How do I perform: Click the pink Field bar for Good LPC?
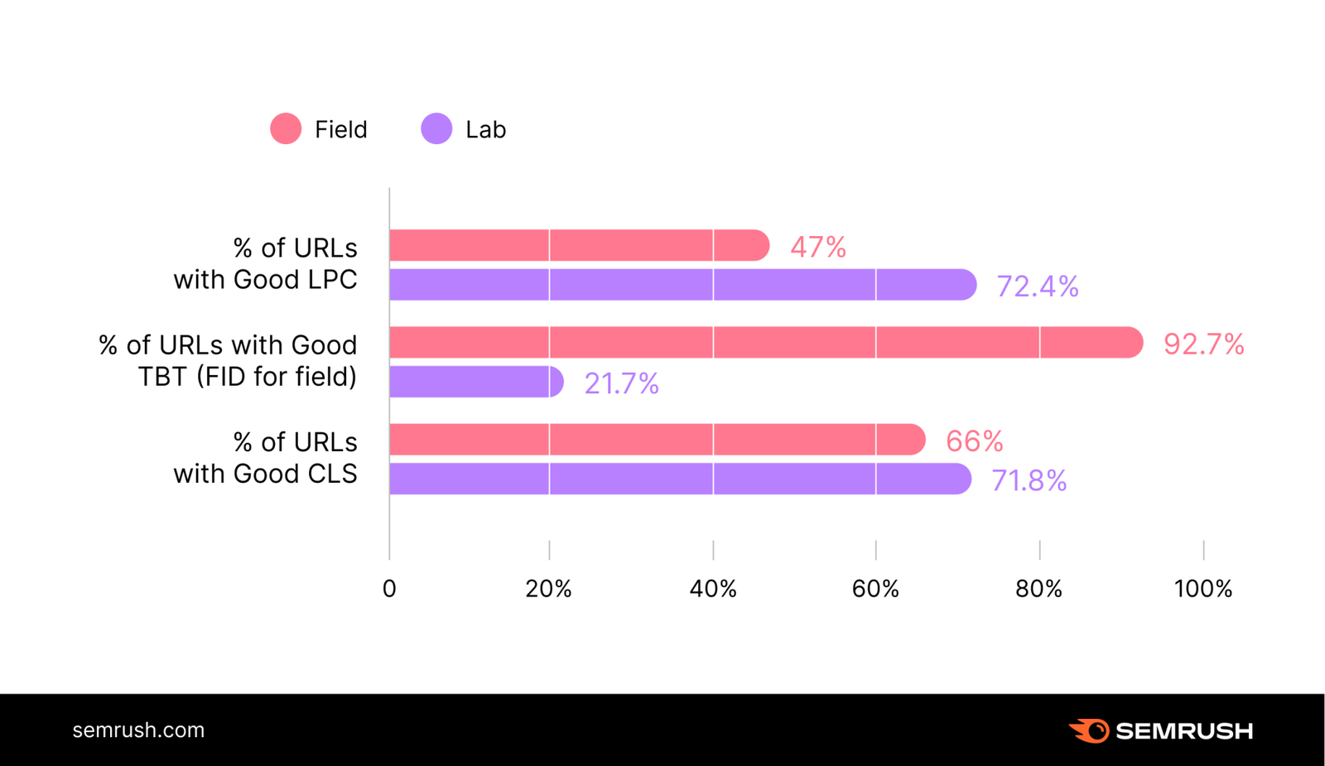click(578, 246)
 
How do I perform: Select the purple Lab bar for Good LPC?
click(682, 285)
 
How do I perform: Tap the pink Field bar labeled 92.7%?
click(765, 343)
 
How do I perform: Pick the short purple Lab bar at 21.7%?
click(475, 382)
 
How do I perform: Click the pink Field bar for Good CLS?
click(656, 440)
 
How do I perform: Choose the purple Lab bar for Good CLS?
click(679, 479)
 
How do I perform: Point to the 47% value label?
click(818, 247)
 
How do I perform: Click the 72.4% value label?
click(1038, 287)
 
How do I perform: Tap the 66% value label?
click(974, 441)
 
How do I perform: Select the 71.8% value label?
click(1029, 481)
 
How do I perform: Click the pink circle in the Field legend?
click(286, 129)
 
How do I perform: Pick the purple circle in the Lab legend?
click(436, 129)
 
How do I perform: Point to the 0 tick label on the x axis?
click(389, 589)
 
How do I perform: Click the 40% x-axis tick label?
click(713, 589)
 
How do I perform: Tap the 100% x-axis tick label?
click(1203, 589)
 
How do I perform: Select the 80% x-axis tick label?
click(1039, 589)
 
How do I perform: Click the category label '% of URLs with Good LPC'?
click(265, 263)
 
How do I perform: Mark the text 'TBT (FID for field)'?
click(247, 377)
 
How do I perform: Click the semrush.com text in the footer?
click(138, 730)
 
